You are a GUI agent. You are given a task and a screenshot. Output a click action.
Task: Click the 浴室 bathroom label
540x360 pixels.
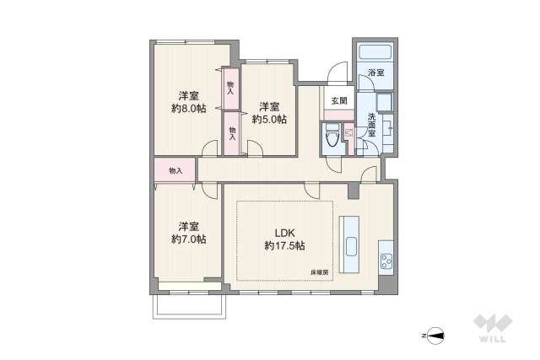click(375, 73)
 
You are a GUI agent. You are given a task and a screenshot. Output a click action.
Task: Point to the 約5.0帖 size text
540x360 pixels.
click(269, 119)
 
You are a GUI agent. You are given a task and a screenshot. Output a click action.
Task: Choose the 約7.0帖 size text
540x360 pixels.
click(188, 239)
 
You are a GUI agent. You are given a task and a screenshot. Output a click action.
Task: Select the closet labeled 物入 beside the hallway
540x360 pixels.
click(175, 171)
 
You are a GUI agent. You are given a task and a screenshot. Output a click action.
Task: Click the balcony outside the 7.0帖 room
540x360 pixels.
click(190, 306)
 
